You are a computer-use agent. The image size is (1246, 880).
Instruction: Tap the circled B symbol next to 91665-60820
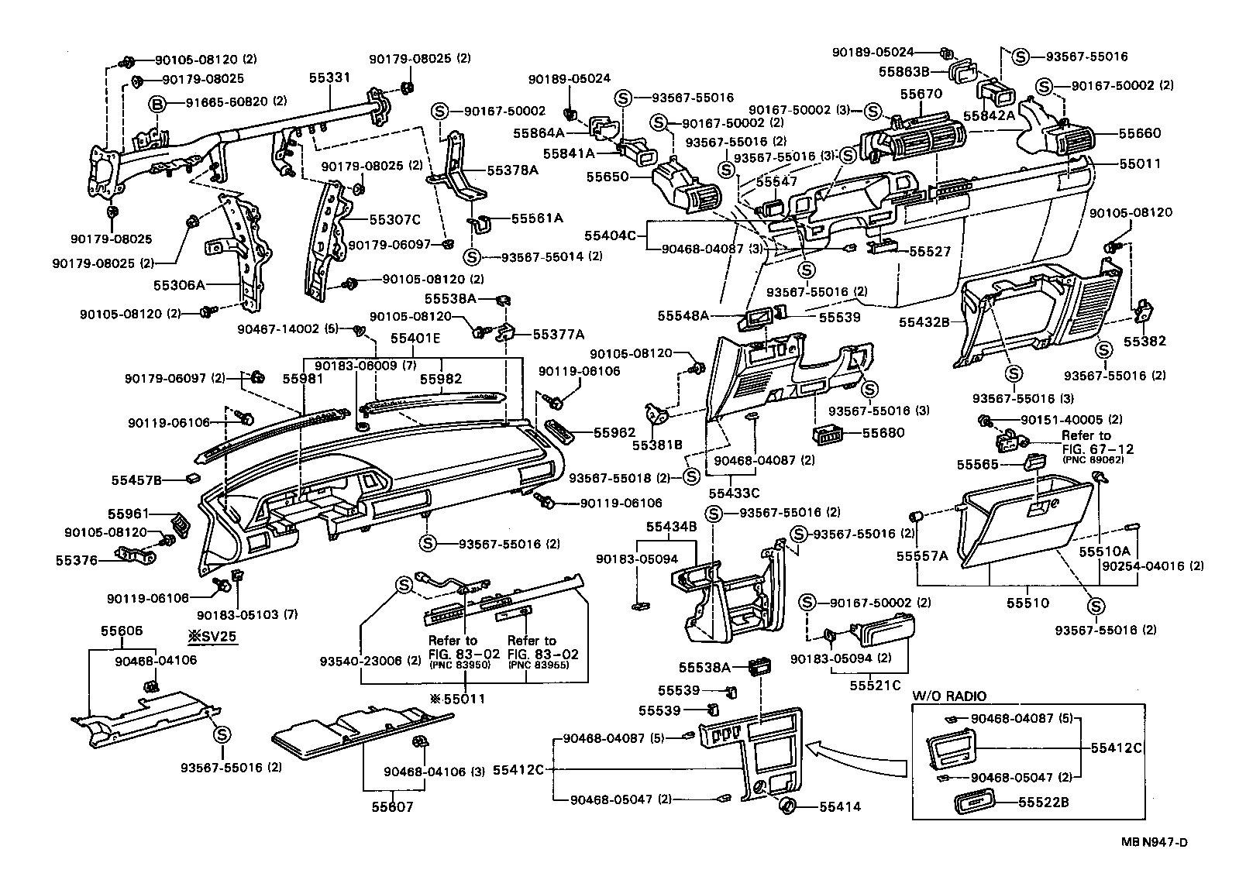157,102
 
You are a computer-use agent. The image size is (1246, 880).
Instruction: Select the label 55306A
178,285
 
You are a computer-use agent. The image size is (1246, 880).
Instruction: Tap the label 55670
921,94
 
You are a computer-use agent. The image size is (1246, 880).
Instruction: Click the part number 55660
1140,133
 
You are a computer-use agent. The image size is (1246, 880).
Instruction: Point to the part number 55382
1144,341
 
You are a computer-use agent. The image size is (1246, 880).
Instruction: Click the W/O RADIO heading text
949,696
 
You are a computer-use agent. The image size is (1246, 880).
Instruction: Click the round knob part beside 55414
788,805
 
